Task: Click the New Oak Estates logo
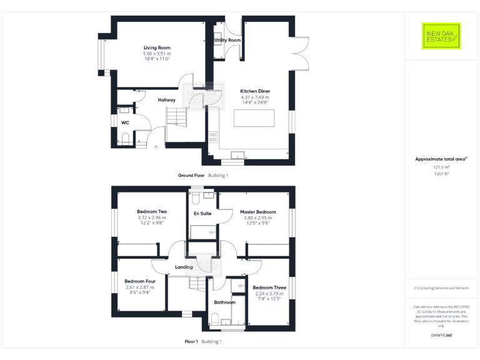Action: click(441, 36)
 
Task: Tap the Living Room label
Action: click(157, 47)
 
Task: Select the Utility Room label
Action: click(227, 40)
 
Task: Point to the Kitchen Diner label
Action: click(255, 91)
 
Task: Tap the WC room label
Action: click(125, 122)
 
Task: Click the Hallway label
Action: click(166, 100)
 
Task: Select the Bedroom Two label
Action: click(152, 212)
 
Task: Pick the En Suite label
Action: click(202, 213)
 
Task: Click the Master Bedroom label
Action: click(257, 212)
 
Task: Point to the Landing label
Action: click(184, 267)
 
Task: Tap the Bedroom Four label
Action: click(140, 281)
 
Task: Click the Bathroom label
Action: click(224, 302)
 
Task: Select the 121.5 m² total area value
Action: click(441, 167)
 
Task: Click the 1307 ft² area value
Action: click(441, 174)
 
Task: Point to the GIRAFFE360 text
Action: click(441, 336)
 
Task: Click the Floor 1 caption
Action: click(191, 342)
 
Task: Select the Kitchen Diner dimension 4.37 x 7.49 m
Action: click(255, 97)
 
